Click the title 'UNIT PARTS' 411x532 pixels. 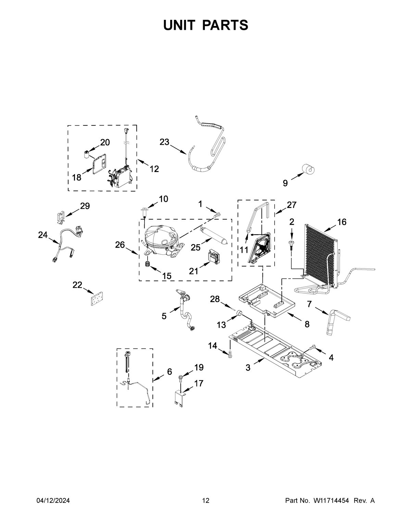pyautogui.click(x=206, y=25)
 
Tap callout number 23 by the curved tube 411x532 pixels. pyautogui.click(x=164, y=142)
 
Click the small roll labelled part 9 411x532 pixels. pyautogui.click(x=308, y=169)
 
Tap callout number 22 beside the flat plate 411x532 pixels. pyautogui.click(x=77, y=285)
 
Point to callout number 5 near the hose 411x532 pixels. pyautogui.click(x=164, y=316)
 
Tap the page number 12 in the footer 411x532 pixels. pyautogui.click(x=206, y=501)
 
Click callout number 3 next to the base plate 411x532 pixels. pyautogui.click(x=248, y=368)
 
